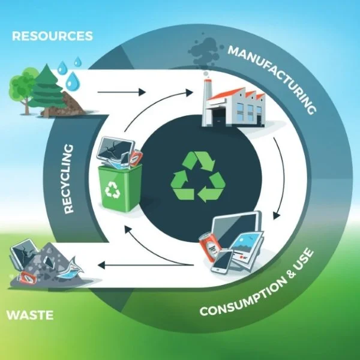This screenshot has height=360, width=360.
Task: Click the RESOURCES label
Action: [x=53, y=36]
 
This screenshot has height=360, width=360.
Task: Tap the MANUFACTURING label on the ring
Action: [x=272, y=77]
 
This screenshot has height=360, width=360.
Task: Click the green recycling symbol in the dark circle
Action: [x=199, y=176]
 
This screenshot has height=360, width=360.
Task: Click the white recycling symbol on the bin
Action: [x=113, y=191]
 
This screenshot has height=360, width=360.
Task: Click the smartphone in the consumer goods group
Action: [x=223, y=260]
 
